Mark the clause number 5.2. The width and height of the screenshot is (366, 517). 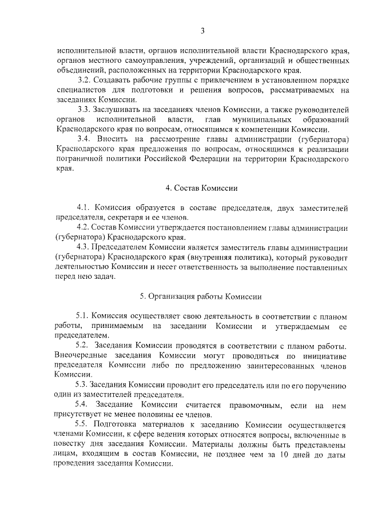tap(84, 346)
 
